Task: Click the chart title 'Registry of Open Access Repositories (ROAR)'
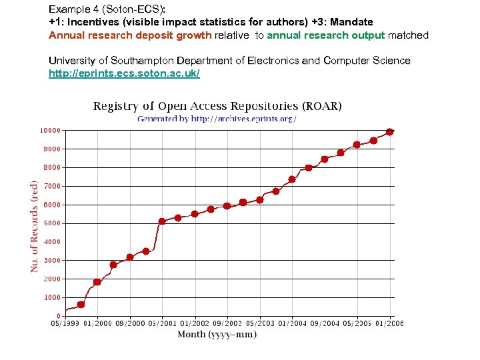[x=217, y=106]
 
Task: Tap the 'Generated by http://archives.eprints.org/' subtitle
[x=217, y=119]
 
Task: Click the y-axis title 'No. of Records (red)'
[x=34, y=225]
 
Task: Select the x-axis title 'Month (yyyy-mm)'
[x=217, y=334]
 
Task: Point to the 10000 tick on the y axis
[x=48, y=130]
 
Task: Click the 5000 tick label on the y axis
[x=50, y=223]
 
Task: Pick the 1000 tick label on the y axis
[x=50, y=297]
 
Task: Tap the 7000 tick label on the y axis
[x=50, y=186]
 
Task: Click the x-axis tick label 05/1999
[x=65, y=324]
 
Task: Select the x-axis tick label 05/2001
[x=162, y=324]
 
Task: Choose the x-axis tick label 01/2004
[x=292, y=324]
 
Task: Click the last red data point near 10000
[x=390, y=132]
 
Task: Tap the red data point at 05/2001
[x=162, y=221]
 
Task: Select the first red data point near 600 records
[x=81, y=305]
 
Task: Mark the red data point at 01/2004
[x=292, y=179]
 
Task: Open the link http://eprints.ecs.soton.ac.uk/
[x=124, y=73]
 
